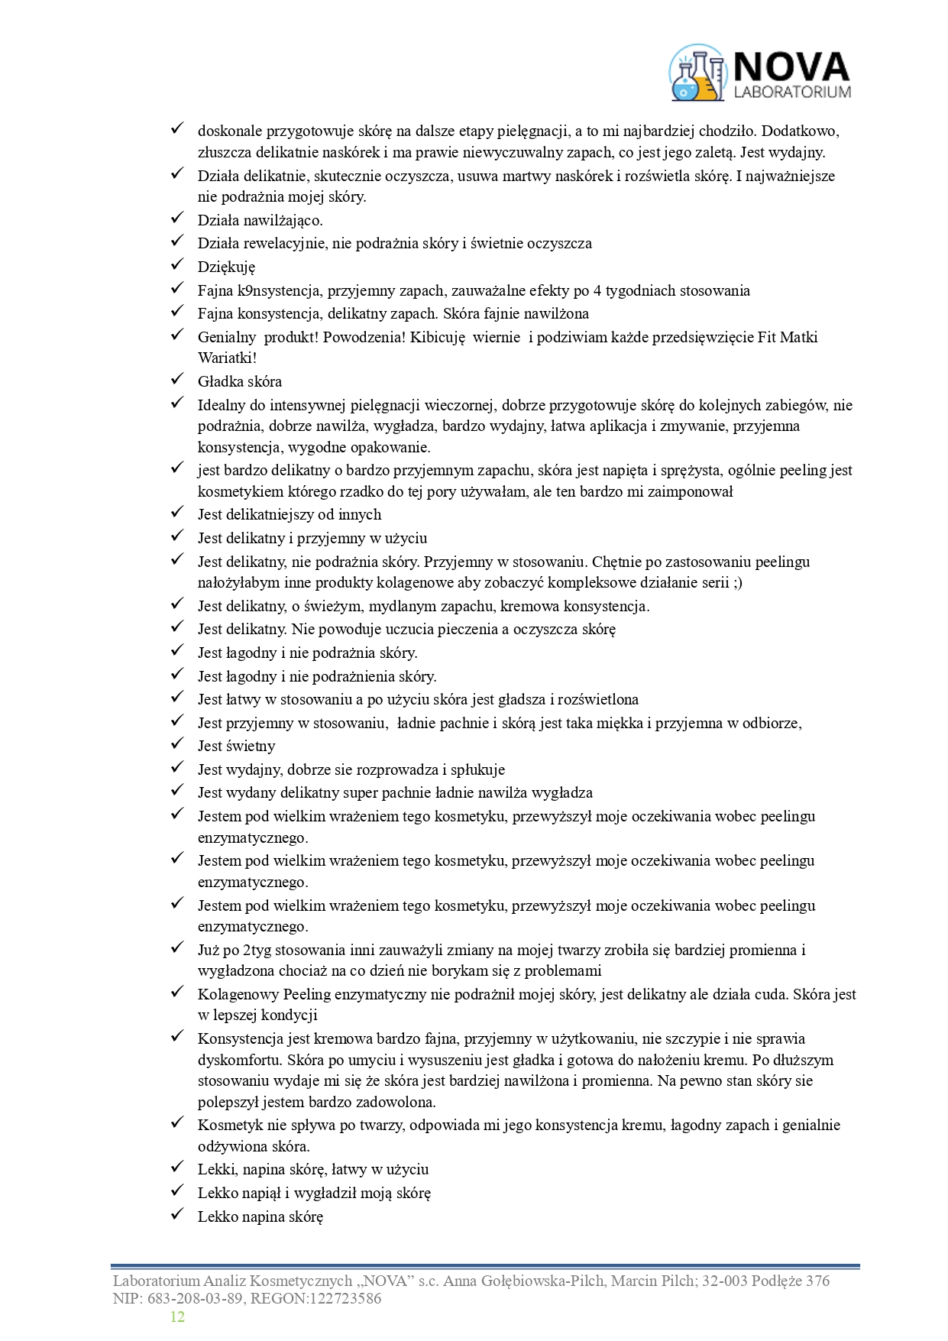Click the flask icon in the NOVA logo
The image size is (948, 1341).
coord(697,73)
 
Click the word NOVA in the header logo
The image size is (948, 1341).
coord(791,67)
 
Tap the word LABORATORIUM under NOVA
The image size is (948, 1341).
coord(791,92)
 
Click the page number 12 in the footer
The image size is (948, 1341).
coord(177,1317)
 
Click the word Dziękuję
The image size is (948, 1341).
coord(226,267)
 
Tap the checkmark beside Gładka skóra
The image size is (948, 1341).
coord(177,379)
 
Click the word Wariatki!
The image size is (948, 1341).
coord(228,358)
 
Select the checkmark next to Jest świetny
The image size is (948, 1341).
coord(177,743)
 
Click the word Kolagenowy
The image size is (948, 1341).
coord(238,995)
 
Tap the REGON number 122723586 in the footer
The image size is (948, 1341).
coord(343,1298)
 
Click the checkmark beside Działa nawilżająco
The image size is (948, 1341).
coord(177,219)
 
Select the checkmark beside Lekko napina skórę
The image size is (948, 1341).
coord(177,1214)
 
